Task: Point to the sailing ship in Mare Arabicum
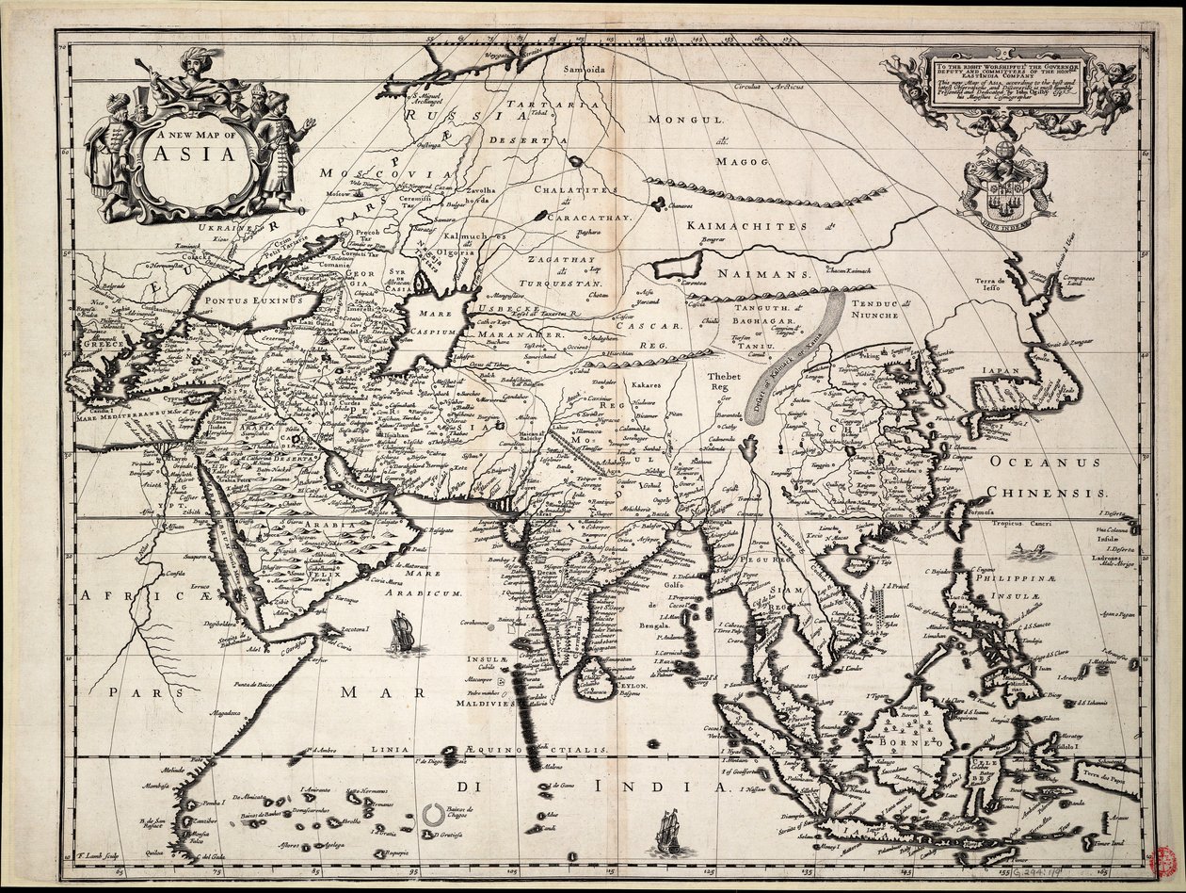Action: [403, 631]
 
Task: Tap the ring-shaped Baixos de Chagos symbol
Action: [435, 815]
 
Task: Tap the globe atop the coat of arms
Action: [1004, 151]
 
